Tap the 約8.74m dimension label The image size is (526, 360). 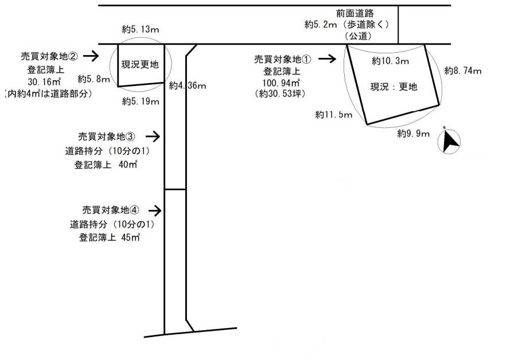[462, 71]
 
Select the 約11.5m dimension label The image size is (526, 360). [333, 115]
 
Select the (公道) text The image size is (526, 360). [360, 36]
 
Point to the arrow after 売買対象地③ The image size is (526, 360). [152, 136]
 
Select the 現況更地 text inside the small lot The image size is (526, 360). [139, 64]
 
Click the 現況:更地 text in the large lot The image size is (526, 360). [393, 87]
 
